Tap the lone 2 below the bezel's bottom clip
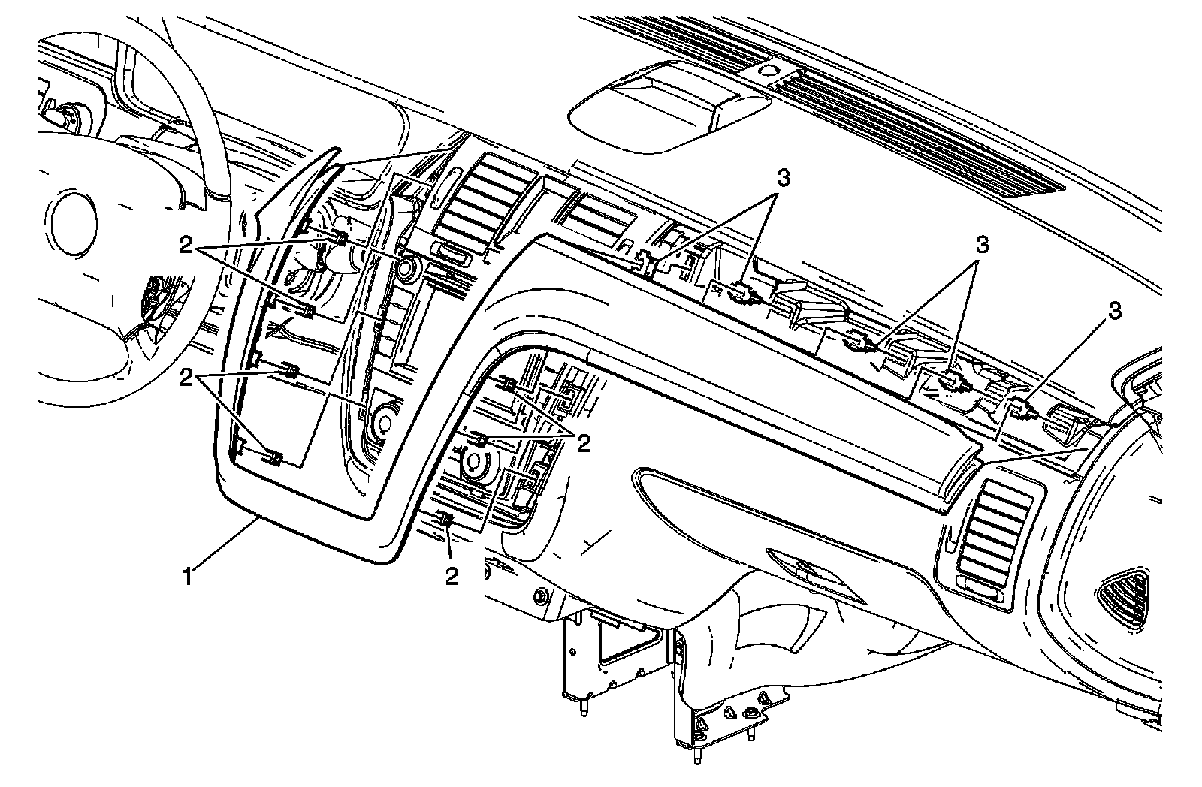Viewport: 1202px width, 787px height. click(x=451, y=576)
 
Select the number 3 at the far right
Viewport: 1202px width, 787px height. click(x=1114, y=310)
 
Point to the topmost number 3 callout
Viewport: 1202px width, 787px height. click(x=783, y=178)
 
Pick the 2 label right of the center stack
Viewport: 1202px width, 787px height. click(x=584, y=443)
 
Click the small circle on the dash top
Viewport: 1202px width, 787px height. click(x=767, y=71)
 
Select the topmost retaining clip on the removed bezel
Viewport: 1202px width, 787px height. click(x=340, y=239)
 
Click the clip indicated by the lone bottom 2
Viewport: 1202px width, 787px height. click(x=445, y=520)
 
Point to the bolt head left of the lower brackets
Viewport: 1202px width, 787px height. click(x=539, y=599)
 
